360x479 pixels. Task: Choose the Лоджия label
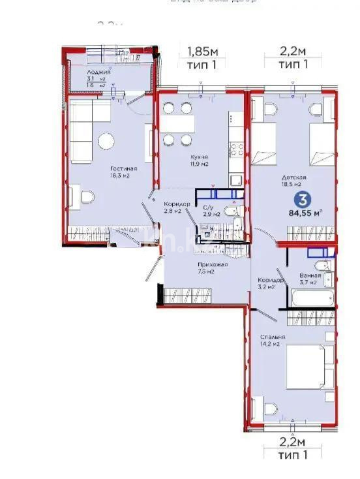click(100, 72)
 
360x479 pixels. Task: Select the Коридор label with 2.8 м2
click(176, 204)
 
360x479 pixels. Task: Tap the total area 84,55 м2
click(307, 212)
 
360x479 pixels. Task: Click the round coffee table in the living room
click(106, 140)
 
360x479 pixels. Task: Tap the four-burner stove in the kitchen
click(235, 150)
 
